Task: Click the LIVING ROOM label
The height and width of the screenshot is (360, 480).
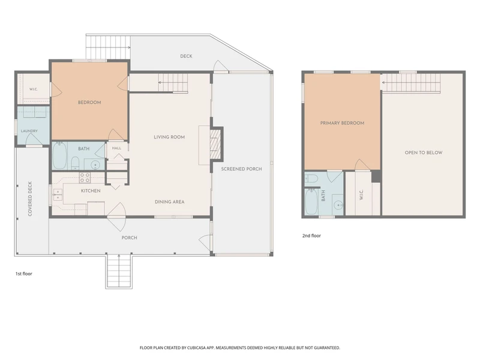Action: [x=169, y=137]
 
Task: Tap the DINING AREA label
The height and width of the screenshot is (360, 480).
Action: [x=170, y=202]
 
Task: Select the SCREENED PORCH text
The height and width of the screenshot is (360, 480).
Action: [x=242, y=169]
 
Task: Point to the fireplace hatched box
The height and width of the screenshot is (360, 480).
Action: [x=215, y=143]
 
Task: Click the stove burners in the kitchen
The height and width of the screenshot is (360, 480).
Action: [x=85, y=178]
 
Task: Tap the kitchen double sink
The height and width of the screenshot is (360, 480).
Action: [x=58, y=194]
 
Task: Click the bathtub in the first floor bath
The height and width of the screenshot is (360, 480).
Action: [x=59, y=156]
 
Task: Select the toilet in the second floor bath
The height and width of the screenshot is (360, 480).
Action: [x=311, y=178]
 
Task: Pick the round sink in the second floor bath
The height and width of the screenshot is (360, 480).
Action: [x=338, y=205]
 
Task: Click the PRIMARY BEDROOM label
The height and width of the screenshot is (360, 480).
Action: [x=342, y=123]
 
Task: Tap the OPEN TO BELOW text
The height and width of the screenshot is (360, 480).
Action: [x=424, y=152]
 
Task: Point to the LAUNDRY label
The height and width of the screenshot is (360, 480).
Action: [x=29, y=131]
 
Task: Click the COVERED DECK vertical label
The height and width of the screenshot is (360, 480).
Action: [x=30, y=199]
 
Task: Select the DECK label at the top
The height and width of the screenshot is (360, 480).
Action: [x=186, y=56]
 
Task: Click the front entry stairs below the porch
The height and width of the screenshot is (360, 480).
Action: [x=119, y=271]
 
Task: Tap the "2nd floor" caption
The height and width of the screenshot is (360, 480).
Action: [x=311, y=236]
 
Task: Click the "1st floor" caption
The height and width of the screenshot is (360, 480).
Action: [x=24, y=274]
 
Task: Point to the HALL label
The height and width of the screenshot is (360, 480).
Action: [x=116, y=148]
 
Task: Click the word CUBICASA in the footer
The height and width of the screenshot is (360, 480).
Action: [x=199, y=348]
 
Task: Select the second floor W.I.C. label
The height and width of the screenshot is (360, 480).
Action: [x=361, y=195]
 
